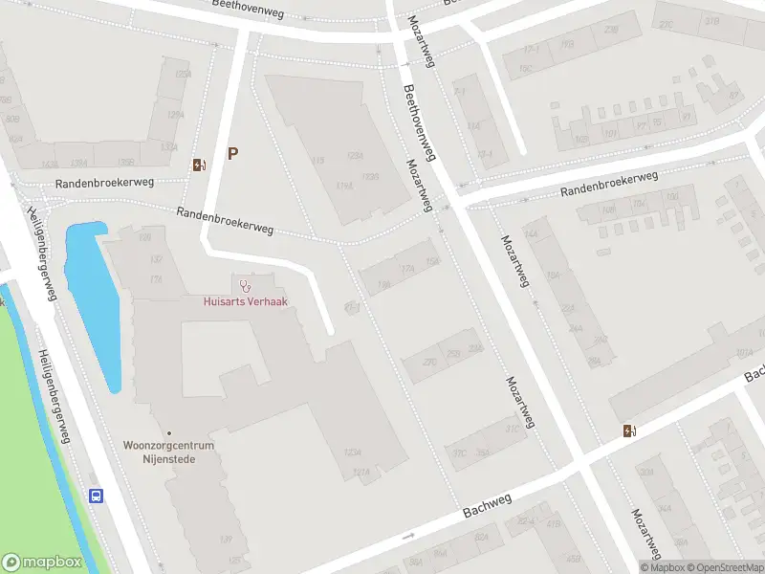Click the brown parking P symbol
point(232,153)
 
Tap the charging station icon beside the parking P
point(198,165)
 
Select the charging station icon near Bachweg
point(628,430)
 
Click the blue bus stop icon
point(97,496)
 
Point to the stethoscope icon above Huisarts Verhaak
point(246,285)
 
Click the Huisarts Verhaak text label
point(246,300)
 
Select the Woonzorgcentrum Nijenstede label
point(168,452)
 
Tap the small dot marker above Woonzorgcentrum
point(168,433)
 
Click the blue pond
point(94,297)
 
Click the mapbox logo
point(42,563)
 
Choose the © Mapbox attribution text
point(661,567)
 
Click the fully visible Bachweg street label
point(488,506)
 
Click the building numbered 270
point(429,363)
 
